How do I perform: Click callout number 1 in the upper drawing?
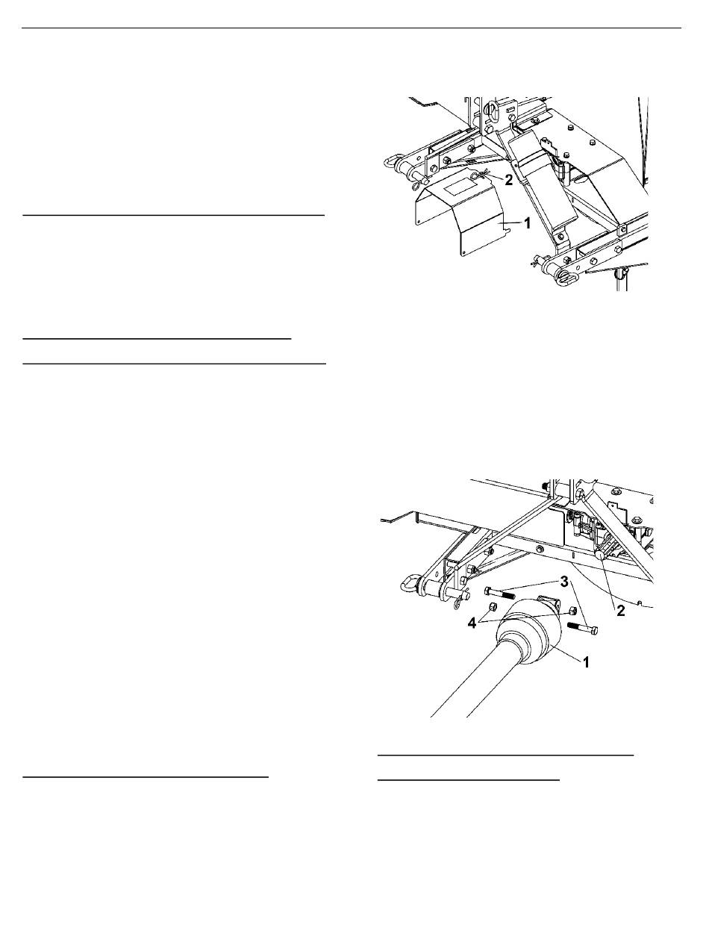click(527, 223)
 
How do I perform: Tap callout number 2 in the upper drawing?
click(509, 180)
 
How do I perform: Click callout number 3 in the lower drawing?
click(565, 582)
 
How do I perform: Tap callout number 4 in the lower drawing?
click(472, 623)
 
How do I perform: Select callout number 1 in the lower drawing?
click(587, 662)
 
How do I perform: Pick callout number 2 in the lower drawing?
click(621, 611)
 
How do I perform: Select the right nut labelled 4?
click(572, 611)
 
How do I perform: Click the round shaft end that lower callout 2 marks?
click(599, 556)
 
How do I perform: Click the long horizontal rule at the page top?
click(352, 28)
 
